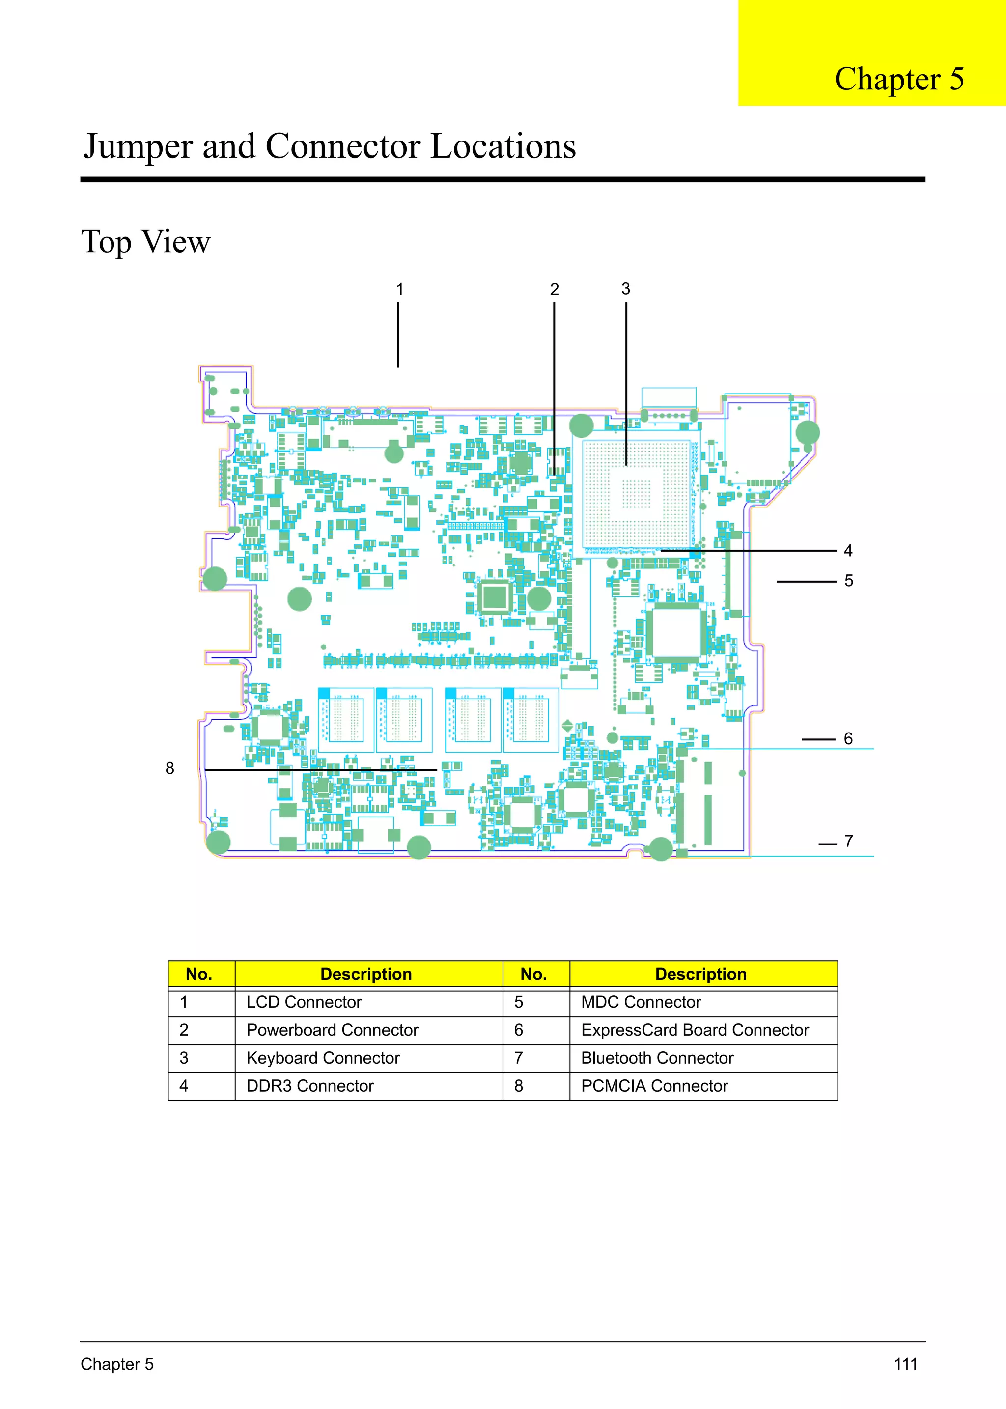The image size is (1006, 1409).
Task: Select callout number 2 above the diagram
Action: point(555,289)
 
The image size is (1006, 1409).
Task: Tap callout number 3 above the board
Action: point(626,289)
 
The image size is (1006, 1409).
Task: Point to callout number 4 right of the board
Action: point(848,550)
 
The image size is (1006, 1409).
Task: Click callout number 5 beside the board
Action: point(849,581)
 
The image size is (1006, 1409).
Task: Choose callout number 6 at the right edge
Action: point(848,738)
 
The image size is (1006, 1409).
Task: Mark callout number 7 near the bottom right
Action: point(849,841)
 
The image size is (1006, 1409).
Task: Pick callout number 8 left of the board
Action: point(170,768)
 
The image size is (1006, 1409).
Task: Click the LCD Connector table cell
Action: point(304,1002)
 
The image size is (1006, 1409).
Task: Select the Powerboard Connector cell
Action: point(332,1030)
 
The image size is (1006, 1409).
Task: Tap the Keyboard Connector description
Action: point(323,1058)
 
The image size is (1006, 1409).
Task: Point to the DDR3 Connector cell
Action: point(310,1086)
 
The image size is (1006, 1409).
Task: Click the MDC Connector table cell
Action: point(641,1002)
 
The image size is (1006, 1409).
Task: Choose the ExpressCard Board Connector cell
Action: point(695,1030)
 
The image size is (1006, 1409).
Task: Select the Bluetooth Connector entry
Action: point(657,1058)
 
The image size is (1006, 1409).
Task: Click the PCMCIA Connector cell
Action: point(654,1086)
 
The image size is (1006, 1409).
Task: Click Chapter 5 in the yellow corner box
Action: point(898,79)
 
